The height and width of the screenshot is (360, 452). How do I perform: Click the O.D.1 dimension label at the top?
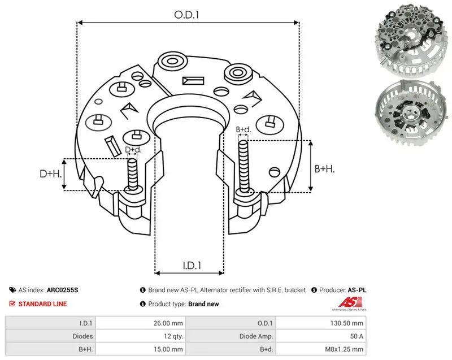(x=186, y=15)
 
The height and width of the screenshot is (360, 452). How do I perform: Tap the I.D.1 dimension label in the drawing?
(x=192, y=266)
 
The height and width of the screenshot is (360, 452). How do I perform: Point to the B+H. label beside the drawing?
(x=324, y=168)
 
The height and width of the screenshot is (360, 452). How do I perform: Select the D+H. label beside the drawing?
(x=51, y=174)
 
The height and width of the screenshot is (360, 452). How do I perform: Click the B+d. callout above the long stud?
(x=244, y=129)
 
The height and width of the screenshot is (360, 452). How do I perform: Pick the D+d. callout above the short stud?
(x=133, y=150)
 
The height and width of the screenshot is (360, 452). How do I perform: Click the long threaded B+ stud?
(x=244, y=167)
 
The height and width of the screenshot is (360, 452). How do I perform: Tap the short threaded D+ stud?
(x=133, y=175)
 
